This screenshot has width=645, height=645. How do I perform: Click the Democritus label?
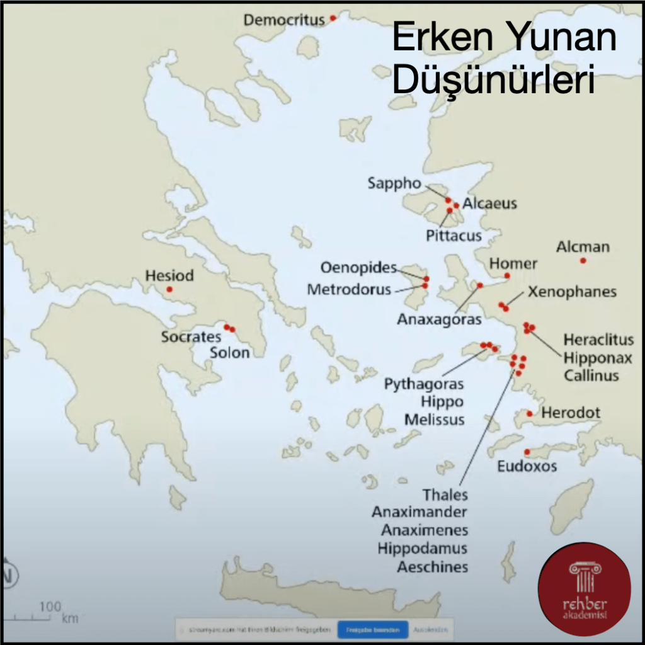[284, 20]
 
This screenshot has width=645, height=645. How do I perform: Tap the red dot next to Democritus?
[333, 18]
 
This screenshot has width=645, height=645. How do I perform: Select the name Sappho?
[394, 183]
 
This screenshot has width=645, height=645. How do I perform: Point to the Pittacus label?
[454, 236]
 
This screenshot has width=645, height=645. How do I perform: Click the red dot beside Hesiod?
[169, 289]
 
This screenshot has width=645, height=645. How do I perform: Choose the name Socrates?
[191, 337]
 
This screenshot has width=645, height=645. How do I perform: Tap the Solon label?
[230, 353]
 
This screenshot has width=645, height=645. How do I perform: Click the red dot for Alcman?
[583, 260]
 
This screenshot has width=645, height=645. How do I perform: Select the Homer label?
[513, 263]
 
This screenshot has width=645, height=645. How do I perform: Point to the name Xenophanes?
[572, 292]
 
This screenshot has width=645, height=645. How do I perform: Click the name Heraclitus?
[598, 340]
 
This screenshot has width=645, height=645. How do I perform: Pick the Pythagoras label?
[424, 384]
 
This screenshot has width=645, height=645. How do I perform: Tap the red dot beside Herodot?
[530, 414]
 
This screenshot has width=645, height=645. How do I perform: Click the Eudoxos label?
[527, 467]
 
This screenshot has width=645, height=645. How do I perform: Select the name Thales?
[445, 495]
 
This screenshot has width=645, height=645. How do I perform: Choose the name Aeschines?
[433, 566]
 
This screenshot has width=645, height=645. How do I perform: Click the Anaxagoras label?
[439, 319]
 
